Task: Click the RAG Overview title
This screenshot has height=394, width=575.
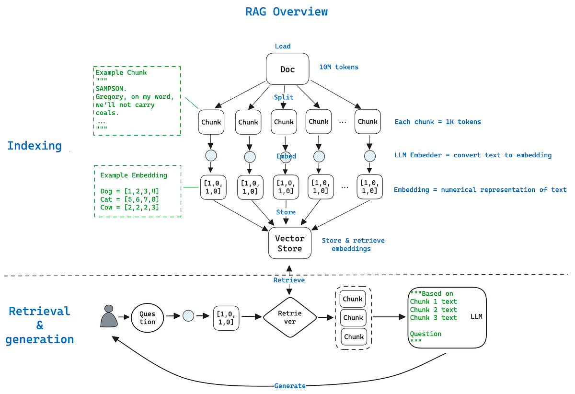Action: point(287,12)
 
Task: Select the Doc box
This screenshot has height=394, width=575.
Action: point(287,70)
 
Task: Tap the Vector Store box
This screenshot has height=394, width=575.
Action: point(289,243)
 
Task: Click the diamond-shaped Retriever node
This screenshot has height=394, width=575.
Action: point(289,317)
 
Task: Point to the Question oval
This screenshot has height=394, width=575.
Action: point(147,317)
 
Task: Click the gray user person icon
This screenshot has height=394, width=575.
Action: point(109,317)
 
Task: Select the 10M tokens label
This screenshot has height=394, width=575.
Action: point(339,67)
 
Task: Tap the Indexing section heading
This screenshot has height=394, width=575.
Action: point(34,146)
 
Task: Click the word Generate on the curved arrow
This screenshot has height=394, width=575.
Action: point(290,385)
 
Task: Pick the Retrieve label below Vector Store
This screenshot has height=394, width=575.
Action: point(289,280)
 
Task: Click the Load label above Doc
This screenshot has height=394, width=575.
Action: point(283,46)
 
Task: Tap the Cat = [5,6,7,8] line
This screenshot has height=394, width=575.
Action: point(129,199)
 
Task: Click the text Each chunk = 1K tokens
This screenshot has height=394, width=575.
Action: point(437,122)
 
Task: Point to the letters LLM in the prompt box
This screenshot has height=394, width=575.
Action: point(476,317)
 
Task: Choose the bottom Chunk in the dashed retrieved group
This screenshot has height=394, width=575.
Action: point(354,336)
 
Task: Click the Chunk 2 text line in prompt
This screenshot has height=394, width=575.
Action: point(433,310)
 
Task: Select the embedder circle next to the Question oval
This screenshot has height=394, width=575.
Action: point(188,316)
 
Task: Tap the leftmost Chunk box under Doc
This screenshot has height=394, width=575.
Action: point(211,122)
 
